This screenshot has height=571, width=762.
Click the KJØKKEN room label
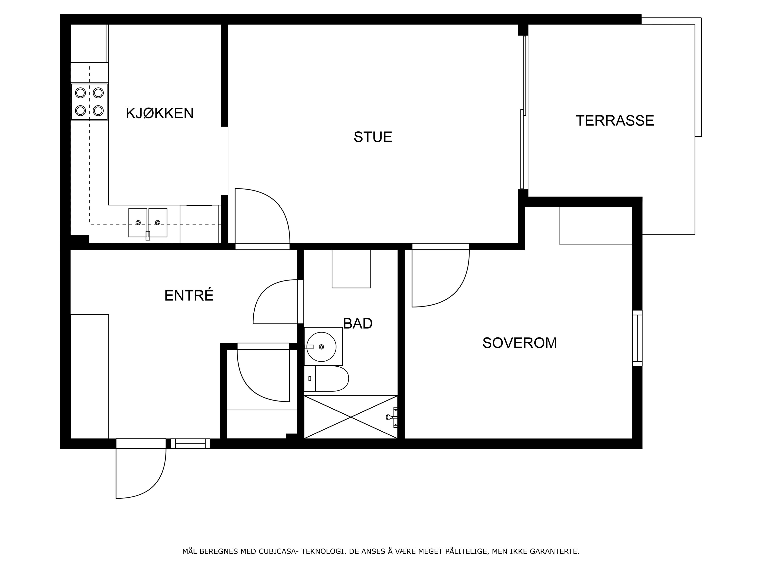(x=160, y=113)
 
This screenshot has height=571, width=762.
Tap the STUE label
(x=373, y=137)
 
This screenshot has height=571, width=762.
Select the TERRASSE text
(x=615, y=121)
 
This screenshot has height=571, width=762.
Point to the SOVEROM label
(x=520, y=343)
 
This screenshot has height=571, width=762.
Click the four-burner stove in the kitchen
(x=89, y=102)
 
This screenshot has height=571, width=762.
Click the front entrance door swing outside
(x=141, y=473)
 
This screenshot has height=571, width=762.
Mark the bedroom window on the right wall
(x=637, y=338)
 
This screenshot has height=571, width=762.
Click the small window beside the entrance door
(x=190, y=444)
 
